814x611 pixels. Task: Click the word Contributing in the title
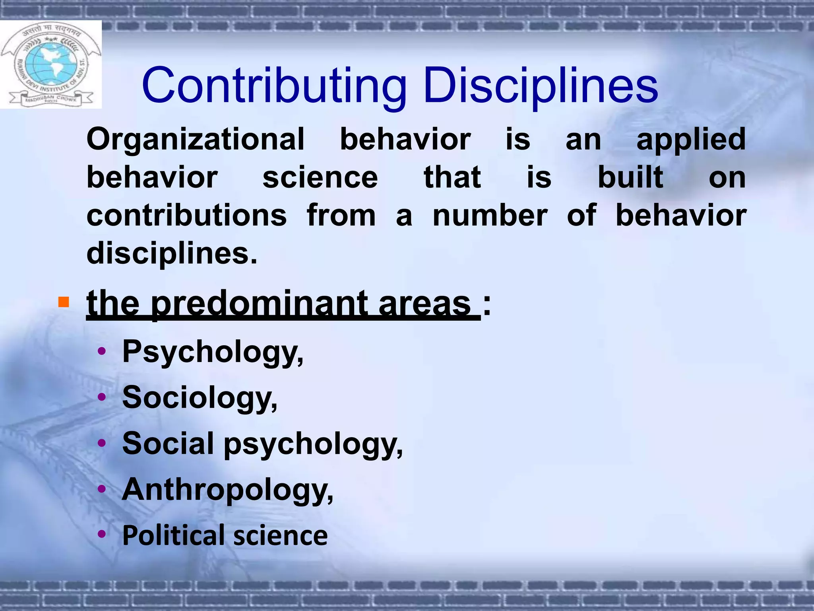tap(274, 86)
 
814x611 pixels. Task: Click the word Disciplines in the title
tap(541, 86)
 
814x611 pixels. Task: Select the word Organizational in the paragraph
tap(196, 139)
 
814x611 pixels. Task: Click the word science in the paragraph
tap(320, 177)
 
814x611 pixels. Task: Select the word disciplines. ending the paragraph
tap(172, 253)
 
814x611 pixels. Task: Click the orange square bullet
tap(63, 302)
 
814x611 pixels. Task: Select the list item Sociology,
tap(200, 398)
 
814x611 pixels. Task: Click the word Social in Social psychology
tap(168, 443)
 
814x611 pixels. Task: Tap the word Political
tap(175, 535)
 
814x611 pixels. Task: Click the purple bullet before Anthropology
tap(102, 489)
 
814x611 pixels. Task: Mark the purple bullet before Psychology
tap(102, 351)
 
